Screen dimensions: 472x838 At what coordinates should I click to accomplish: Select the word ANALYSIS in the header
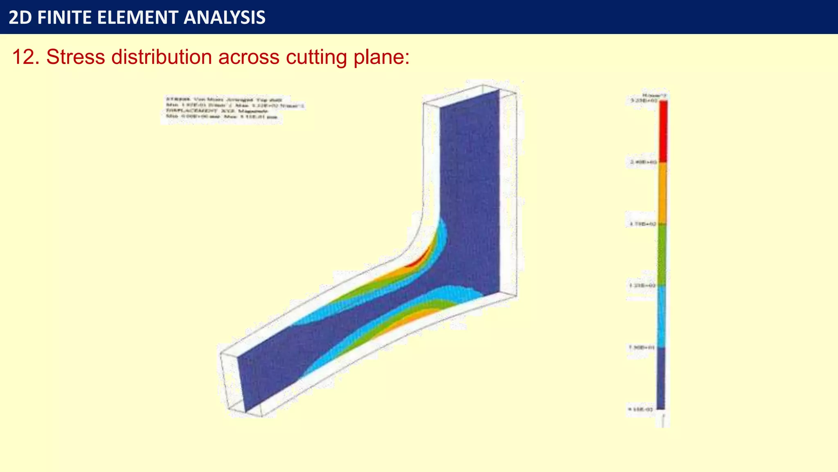(x=225, y=18)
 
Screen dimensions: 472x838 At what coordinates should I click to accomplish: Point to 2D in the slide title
(x=20, y=18)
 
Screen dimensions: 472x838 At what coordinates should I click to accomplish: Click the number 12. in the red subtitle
(x=25, y=57)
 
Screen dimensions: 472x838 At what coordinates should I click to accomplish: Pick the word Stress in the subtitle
(x=75, y=57)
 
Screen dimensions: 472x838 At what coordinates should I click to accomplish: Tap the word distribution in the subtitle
(x=161, y=57)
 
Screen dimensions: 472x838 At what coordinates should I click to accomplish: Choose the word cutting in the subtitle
(x=316, y=57)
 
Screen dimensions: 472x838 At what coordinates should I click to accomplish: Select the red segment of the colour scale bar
(x=663, y=131)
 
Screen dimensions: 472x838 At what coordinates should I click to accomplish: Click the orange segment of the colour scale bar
(x=662, y=193)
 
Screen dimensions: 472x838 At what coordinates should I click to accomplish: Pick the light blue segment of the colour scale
(x=662, y=316)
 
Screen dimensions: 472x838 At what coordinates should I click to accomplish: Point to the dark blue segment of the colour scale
(x=661, y=378)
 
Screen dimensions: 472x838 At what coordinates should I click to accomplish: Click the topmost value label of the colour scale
(x=642, y=100)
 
